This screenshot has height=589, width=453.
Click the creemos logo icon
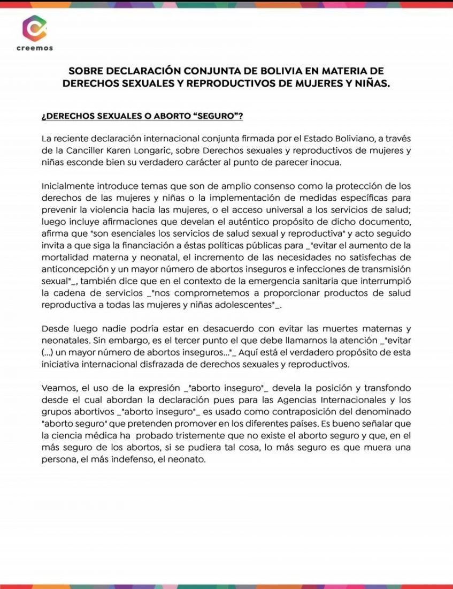[34, 29]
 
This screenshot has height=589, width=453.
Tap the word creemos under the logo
[34, 48]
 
